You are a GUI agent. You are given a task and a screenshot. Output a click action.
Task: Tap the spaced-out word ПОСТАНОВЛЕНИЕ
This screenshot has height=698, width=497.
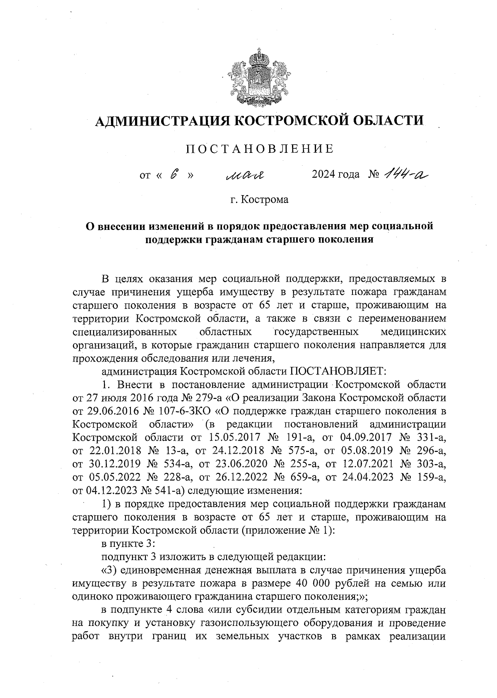pos(259,149)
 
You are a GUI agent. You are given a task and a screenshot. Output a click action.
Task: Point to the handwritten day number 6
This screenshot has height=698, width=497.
pos(174,175)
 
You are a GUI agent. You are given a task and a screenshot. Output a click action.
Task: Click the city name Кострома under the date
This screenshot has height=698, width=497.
pos(265,200)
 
